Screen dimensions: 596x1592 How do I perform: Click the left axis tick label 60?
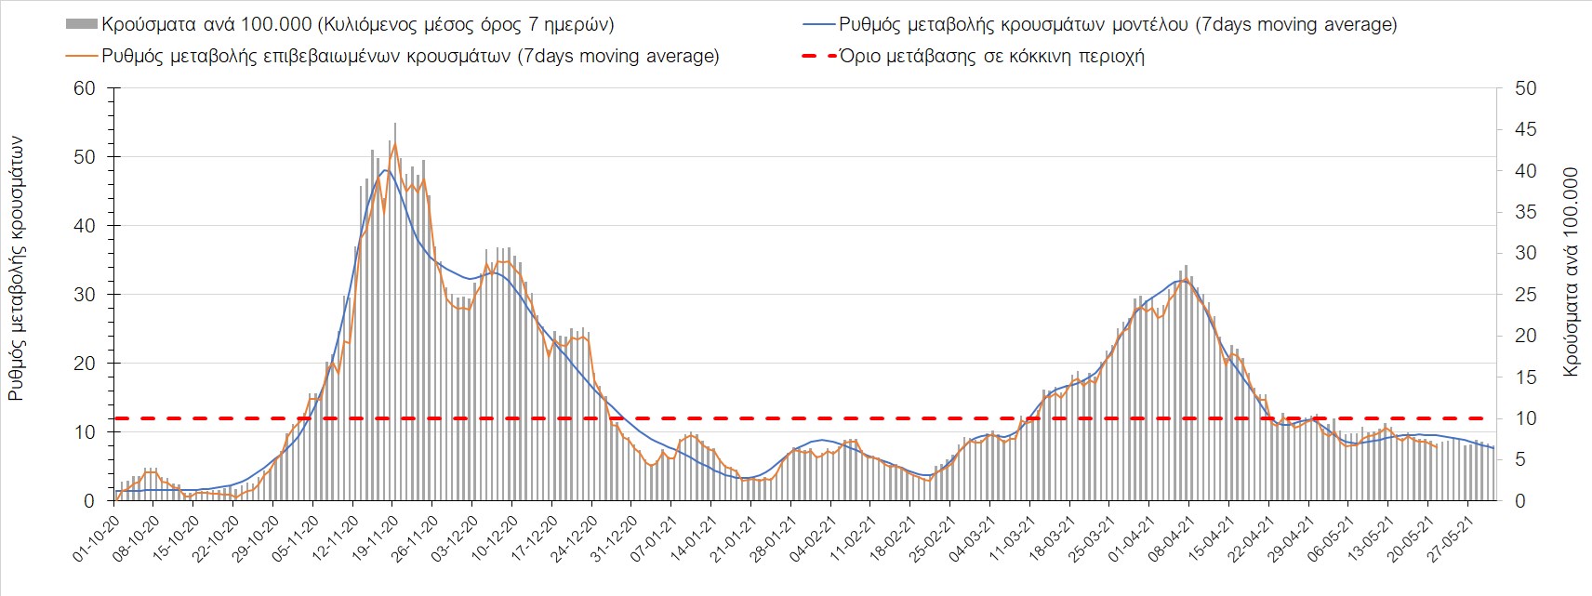(x=85, y=88)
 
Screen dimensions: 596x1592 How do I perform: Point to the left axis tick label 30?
(x=85, y=295)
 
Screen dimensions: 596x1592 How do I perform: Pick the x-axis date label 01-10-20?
(x=96, y=535)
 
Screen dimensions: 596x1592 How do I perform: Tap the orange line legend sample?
(x=81, y=56)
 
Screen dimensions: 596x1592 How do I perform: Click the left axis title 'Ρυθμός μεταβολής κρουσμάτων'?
(x=16, y=269)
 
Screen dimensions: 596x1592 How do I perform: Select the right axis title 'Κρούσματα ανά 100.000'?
(x=1571, y=272)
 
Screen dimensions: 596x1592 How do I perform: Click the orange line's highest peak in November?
(x=395, y=144)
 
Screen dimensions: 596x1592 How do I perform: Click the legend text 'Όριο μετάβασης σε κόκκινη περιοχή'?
(x=991, y=56)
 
